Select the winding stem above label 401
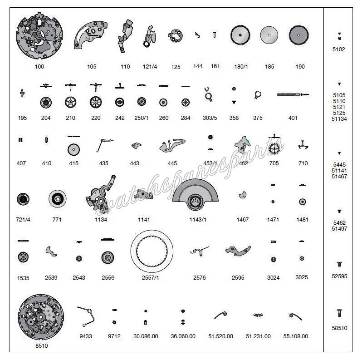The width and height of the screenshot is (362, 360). [x=293, y=94]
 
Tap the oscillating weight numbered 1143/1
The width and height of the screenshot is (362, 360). [x=197, y=197]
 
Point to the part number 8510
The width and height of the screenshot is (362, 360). [x=41, y=346]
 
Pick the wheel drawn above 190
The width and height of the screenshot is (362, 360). [x=299, y=35]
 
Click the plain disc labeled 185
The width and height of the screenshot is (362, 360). [x=269, y=35]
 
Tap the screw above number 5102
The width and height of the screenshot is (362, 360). [x=339, y=35]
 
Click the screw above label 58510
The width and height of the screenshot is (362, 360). [x=339, y=312]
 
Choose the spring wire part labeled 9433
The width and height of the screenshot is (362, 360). [x=86, y=316]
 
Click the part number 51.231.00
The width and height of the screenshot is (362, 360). [x=258, y=336]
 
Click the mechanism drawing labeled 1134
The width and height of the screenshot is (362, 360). [x=100, y=195]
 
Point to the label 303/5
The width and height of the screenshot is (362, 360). [x=209, y=118]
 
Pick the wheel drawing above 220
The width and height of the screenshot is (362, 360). [x=95, y=101]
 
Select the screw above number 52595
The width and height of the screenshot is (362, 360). [x=339, y=264]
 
